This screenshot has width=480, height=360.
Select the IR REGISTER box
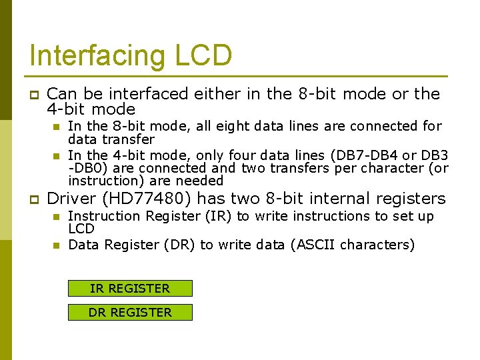(130, 289)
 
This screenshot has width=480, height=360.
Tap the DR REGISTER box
(130, 312)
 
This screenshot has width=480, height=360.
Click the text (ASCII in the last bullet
(313, 245)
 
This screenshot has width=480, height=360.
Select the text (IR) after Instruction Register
(219, 216)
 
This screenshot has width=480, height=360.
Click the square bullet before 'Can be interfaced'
(34, 95)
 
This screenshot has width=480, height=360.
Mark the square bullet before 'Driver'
(34, 199)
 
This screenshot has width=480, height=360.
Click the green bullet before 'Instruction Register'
(57, 217)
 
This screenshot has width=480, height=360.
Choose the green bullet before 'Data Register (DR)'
(57, 245)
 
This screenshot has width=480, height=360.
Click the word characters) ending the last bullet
(377, 245)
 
